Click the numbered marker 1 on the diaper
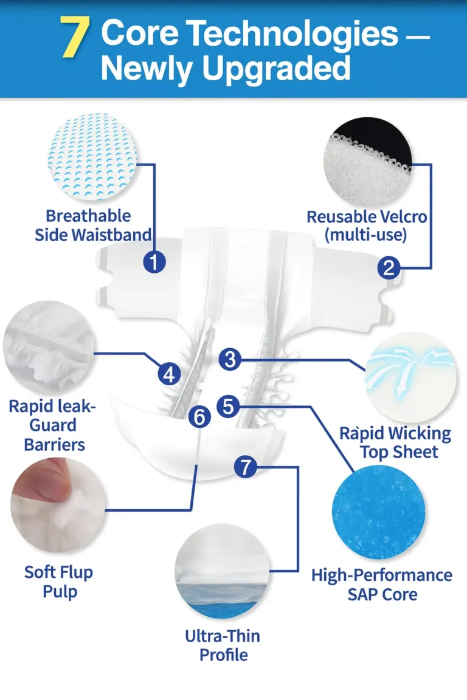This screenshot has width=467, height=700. click(154, 262)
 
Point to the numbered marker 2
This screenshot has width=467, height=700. click(389, 267)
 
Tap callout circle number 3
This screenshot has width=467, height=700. click(230, 359)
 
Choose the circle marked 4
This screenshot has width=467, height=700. click(169, 374)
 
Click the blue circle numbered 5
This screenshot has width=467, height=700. click(229, 407)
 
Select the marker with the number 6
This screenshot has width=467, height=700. click(199, 417)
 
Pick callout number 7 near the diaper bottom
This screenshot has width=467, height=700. click(245, 467)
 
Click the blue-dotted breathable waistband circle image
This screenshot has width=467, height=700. click(92, 156)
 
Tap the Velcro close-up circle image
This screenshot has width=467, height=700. click(367, 162)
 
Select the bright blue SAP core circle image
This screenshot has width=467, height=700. click(378, 512)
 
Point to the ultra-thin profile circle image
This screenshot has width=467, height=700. click(222, 571)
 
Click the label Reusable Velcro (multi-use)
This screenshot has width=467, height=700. click(367, 225)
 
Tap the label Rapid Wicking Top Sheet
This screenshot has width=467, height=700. click(395, 442)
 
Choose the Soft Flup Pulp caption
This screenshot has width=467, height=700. click(59, 582)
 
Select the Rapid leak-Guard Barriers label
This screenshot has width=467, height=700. click(53, 425)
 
